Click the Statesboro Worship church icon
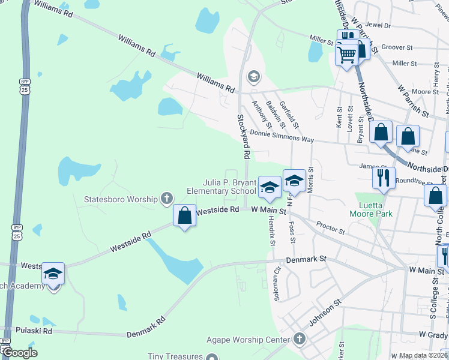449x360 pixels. pyautogui.click(x=167, y=199)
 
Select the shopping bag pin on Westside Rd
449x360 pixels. pyautogui.click(x=185, y=215)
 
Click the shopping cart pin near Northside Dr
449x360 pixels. pyautogui.click(x=347, y=55)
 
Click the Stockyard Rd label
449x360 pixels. pyautogui.click(x=244, y=137)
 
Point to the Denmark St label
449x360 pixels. pyautogui.click(x=306, y=260)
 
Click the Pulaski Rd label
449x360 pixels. pyautogui.click(x=35, y=331)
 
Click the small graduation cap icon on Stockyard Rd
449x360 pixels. pyautogui.click(x=254, y=76)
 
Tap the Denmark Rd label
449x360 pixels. pyautogui.click(x=146, y=329)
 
